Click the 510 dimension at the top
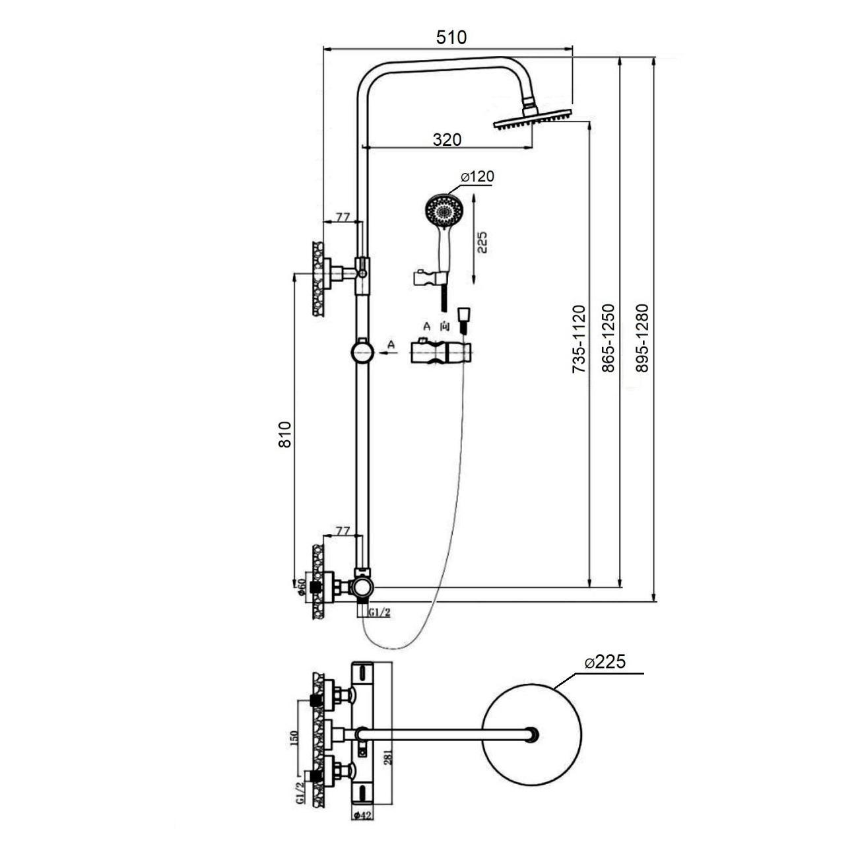451,38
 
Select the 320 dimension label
447,139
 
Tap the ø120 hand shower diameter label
477,176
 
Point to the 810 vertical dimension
284,434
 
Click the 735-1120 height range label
579,339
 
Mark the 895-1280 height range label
642,338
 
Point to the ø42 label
363,815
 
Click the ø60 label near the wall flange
301,587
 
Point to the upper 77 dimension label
342,217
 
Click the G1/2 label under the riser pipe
379,612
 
